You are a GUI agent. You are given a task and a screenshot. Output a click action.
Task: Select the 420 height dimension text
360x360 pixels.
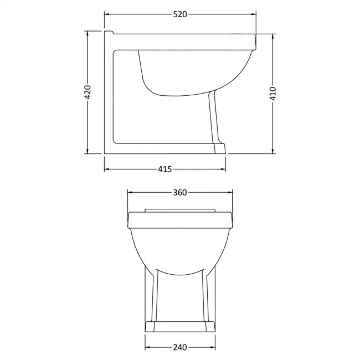click(87, 92)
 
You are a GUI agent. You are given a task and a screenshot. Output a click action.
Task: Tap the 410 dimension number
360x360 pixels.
click(272, 92)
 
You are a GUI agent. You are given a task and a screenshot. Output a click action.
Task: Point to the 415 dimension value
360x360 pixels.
click(165, 169)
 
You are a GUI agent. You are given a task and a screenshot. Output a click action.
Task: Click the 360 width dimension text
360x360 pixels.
click(181, 192)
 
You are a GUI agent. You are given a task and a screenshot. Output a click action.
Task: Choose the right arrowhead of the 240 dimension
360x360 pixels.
click(213, 347)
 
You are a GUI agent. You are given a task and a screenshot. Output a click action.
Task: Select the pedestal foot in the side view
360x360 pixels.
click(218, 147)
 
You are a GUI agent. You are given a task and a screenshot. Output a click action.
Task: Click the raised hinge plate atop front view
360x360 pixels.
click(180, 210)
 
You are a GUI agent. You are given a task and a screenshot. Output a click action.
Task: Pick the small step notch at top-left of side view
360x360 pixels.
click(109, 31)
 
